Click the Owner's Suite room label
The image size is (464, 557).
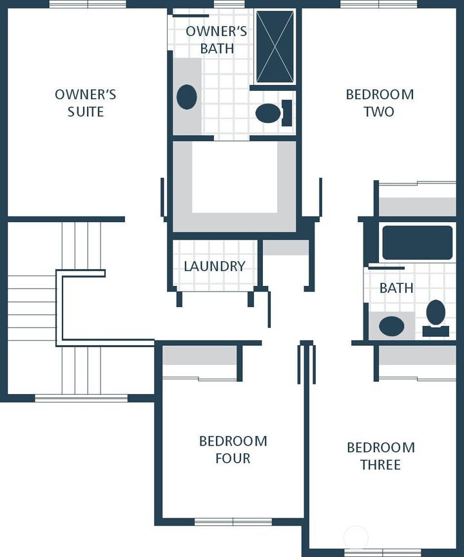coord(85,103)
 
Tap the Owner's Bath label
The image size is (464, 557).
coord(217,40)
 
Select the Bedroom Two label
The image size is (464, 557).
coord(380,103)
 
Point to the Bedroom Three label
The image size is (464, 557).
coord(381,456)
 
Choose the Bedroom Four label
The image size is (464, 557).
coord(233,449)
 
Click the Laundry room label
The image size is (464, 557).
coord(215,266)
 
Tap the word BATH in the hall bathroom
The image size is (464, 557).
coord(396,288)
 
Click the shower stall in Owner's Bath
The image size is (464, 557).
coord(275,46)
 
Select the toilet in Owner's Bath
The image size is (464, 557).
coord(274,113)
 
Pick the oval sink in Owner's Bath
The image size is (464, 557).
coord(187,97)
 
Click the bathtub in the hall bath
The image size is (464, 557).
coord(418,243)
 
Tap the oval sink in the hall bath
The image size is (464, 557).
coord(391,326)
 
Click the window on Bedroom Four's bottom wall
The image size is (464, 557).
coord(233,522)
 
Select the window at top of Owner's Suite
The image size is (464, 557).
coord(88,4)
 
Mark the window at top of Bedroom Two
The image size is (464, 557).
coord(379,4)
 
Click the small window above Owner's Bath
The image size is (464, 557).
coord(229,4)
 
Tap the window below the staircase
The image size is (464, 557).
coord(81,398)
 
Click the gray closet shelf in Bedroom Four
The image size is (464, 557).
coord(200,355)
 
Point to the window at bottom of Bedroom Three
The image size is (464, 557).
coord(383,552)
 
